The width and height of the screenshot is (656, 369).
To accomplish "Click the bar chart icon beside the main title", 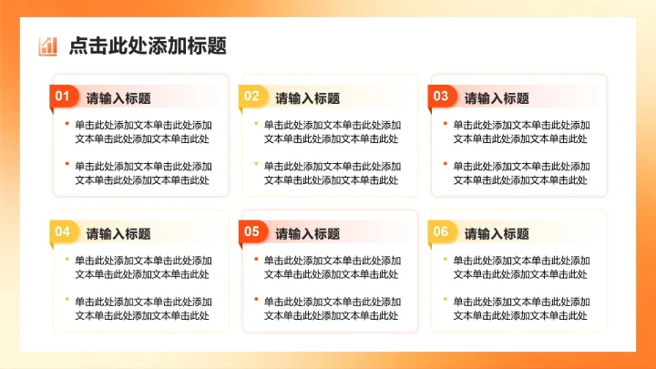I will tap(47, 46).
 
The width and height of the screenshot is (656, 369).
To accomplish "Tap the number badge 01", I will tap(62, 96).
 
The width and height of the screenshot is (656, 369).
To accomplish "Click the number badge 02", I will tap(251, 96).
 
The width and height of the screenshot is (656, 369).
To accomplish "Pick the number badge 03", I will tap(441, 96).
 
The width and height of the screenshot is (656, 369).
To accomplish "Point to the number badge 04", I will tap(62, 231).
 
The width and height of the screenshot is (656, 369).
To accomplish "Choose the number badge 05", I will tap(251, 231).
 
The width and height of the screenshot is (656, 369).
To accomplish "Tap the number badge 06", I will tap(441, 231).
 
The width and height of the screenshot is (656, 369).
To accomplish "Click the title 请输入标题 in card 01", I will tap(118, 98).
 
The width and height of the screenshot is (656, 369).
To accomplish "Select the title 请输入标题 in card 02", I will tap(308, 98).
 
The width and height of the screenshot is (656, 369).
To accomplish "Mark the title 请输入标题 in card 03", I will tap(497, 98).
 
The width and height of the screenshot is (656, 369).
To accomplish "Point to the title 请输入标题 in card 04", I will tap(118, 234).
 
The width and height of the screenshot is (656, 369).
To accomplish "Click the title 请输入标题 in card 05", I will tap(308, 234).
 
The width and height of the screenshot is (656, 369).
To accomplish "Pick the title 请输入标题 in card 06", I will tap(497, 234).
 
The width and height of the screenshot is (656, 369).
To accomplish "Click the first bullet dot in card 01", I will tap(67, 123).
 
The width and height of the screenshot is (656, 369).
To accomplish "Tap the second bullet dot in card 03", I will tap(446, 164).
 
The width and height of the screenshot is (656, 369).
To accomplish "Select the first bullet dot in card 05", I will tap(256, 259).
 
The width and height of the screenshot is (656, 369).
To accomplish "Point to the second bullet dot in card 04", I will tap(67, 300).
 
